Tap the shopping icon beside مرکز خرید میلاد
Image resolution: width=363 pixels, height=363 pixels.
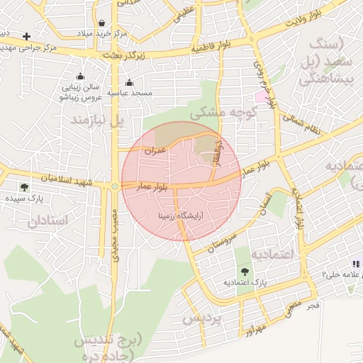pos(104,23)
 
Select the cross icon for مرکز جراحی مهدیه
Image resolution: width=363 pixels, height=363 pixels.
pos(26,36)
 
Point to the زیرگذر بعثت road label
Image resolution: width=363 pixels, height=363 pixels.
pos(122,55)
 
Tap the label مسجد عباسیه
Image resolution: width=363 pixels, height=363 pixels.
pos(129,93)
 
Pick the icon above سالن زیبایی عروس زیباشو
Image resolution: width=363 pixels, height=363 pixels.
pos(80,77)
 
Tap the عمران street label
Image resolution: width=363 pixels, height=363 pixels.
pos(155,150)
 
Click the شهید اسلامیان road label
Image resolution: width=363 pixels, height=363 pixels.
pos(70,179)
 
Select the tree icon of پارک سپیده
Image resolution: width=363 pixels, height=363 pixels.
pos(25,188)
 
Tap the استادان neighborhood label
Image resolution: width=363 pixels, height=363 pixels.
pos(49,220)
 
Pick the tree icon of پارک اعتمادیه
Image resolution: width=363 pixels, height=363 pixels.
pos(245,272)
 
